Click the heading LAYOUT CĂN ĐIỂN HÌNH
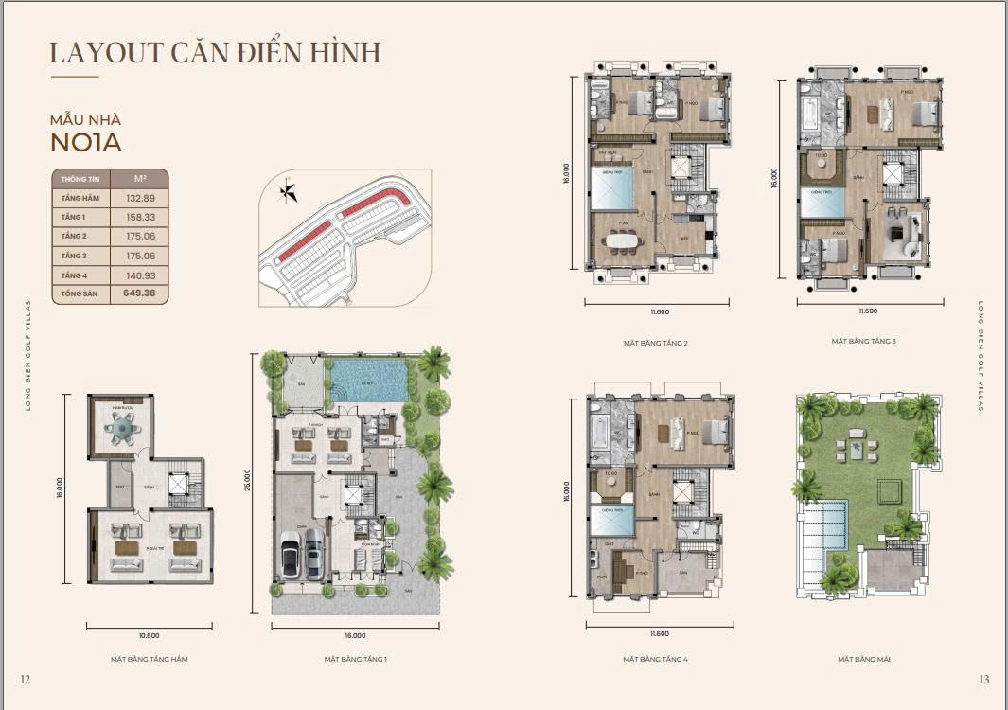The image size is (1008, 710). coord(215,52)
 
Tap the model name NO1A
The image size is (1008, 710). coord(86,143)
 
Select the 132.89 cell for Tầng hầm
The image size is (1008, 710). coord(139,198)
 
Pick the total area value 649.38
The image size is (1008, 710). coord(139,293)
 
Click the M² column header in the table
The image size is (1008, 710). coord(139,178)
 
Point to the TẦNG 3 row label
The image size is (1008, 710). coord(75,256)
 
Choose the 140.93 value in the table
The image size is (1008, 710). coord(139,275)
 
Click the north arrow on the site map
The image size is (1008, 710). coord(287,193)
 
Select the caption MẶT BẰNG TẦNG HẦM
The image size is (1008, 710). coord(150,659)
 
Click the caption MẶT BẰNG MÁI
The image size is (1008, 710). coord(863,659)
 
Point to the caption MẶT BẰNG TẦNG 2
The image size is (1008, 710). coord(655,343)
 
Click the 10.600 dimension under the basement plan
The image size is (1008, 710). coord(150,636)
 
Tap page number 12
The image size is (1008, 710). coord(26,679)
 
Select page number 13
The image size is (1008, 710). coord(983,679)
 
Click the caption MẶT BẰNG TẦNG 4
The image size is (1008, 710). coord(655,659)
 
